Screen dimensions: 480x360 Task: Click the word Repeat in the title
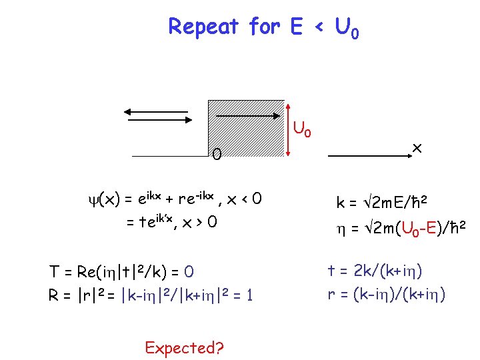[x=203, y=27]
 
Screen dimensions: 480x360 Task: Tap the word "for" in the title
[x=265, y=27]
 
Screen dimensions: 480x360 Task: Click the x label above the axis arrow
[x=417, y=145]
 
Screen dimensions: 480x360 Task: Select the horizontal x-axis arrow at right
[x=371, y=155]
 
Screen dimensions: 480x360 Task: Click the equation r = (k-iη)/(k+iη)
[x=387, y=294]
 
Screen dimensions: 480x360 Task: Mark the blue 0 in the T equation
[x=189, y=273]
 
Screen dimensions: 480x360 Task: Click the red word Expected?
[x=184, y=347]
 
